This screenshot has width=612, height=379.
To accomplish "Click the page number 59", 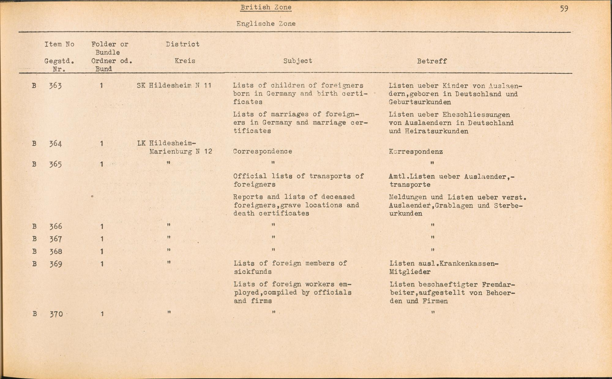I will coord(564,9).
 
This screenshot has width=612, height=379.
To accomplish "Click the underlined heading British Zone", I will coord(266,7).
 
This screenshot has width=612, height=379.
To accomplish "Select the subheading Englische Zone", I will coord(266,24).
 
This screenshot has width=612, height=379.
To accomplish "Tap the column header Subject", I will coord(297,61).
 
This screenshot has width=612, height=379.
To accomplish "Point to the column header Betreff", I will coord(431,61).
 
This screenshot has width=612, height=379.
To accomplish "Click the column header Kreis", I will coord(185,61).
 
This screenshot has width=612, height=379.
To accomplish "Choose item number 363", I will coord(55,86).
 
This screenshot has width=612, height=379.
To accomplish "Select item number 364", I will coord(55,143).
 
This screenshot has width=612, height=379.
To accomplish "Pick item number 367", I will coord(56,239).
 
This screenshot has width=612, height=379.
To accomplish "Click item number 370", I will coord(56,314).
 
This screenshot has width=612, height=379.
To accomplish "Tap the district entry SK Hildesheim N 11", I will coord(174,86).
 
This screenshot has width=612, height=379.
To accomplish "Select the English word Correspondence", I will coord(263,151).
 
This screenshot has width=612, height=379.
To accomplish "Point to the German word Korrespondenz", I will coord(416,152).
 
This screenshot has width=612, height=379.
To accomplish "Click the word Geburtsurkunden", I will coord(420,102).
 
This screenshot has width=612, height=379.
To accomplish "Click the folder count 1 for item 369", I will coord(102,264).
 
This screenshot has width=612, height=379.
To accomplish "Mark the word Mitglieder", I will coord(410,272).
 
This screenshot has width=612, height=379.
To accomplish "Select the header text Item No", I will coord(59,44).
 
